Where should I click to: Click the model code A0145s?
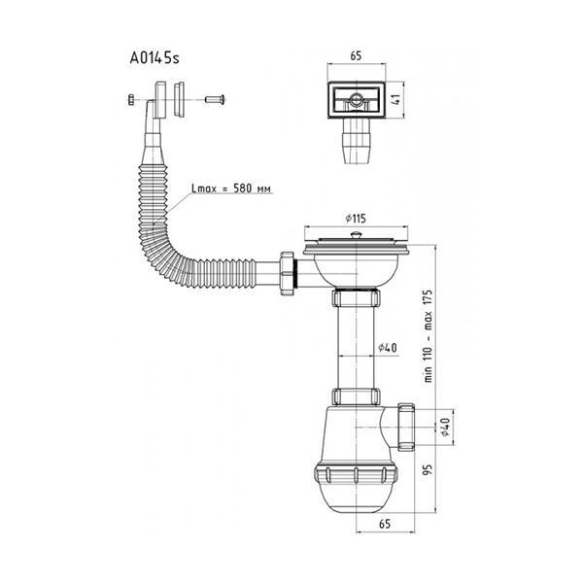pyautogui.click(x=154, y=58)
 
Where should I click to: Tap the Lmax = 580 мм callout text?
pyautogui.click(x=231, y=189)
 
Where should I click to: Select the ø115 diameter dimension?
pyautogui.click(x=356, y=219)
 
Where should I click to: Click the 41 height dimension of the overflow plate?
pyautogui.click(x=396, y=99)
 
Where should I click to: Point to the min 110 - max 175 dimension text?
pyautogui.click(x=429, y=336)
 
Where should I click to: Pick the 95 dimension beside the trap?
pyautogui.click(x=429, y=469)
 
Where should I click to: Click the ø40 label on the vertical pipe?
pyautogui.click(x=388, y=348)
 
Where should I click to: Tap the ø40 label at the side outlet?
pyautogui.click(x=445, y=427)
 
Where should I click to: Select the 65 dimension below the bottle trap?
pyautogui.click(x=385, y=524)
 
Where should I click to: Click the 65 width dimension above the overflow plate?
pyautogui.click(x=356, y=55)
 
